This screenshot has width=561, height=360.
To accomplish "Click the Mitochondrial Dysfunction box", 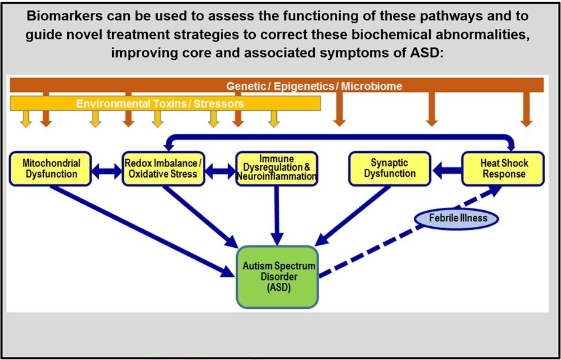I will coord(51,169).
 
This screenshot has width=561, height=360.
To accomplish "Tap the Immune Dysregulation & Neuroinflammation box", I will coord(276,169).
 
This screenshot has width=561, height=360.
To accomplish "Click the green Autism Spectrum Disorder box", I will coord(277,277).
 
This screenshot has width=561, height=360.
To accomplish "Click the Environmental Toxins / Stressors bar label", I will coord(160,104).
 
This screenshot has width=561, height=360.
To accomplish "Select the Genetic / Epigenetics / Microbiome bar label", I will coord(314,86).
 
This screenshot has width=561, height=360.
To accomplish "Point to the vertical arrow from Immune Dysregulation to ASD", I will coord(277,213).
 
